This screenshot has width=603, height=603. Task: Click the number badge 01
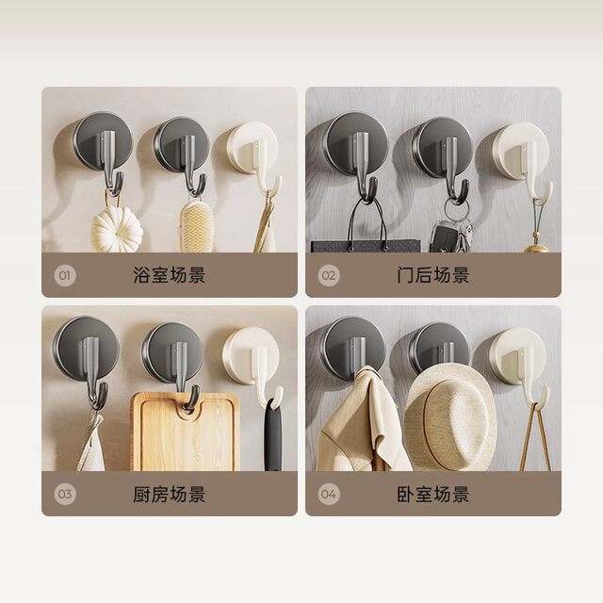65,276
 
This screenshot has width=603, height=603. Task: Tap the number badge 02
329,276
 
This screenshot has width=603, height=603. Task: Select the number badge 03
65,494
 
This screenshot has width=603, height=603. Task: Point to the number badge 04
329,494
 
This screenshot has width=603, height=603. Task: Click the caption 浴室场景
170,276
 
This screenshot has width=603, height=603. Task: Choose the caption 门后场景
433,276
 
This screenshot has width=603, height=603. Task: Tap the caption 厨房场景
170,494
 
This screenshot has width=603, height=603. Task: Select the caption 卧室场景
433,494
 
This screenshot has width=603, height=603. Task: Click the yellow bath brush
193,227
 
